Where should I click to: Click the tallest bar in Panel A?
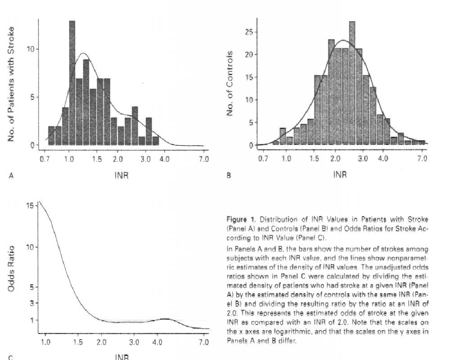(72, 83)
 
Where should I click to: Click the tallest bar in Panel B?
(352, 83)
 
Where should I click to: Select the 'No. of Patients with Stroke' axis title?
(11, 84)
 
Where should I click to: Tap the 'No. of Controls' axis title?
(230, 84)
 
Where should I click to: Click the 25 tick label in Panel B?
(247, 32)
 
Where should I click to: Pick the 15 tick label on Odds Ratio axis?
(30, 206)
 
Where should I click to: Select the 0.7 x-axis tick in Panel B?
(263, 159)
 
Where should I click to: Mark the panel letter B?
(229, 176)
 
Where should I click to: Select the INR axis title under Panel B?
(340, 175)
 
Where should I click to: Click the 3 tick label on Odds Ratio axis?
(32, 303)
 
